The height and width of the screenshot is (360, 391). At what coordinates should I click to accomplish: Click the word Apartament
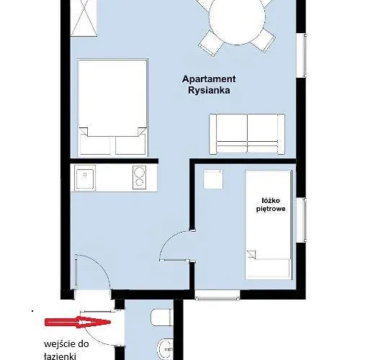click(x=209, y=79)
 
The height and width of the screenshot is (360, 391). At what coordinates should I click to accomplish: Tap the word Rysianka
click(x=209, y=90)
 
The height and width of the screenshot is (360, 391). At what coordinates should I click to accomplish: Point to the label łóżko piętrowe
click(x=271, y=204)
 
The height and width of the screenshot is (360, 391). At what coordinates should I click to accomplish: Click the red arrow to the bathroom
click(x=77, y=322)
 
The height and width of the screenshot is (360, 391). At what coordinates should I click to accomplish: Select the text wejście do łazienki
click(x=66, y=350)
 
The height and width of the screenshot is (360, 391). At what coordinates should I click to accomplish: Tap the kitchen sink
click(x=85, y=179)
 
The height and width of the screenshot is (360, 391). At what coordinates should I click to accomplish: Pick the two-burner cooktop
click(x=139, y=177)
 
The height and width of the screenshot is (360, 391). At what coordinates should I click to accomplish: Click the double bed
click(x=113, y=108)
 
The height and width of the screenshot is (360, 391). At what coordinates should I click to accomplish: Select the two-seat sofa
click(x=247, y=134)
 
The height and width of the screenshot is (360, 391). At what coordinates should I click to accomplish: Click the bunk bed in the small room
click(x=269, y=225)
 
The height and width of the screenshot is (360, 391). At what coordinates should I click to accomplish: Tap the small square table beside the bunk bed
click(x=213, y=179)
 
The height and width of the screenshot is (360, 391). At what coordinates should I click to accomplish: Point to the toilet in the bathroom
click(x=161, y=318)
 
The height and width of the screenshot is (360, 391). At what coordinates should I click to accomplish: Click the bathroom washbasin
click(x=165, y=349)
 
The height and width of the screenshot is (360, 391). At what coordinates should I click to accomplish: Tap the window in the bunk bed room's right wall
click(x=305, y=220)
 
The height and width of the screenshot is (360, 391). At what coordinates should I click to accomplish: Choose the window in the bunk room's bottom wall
click(x=217, y=296)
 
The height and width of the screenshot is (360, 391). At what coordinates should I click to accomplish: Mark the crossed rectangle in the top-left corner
click(x=84, y=18)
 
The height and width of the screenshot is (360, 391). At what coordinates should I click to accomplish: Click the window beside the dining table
click(x=305, y=55)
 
